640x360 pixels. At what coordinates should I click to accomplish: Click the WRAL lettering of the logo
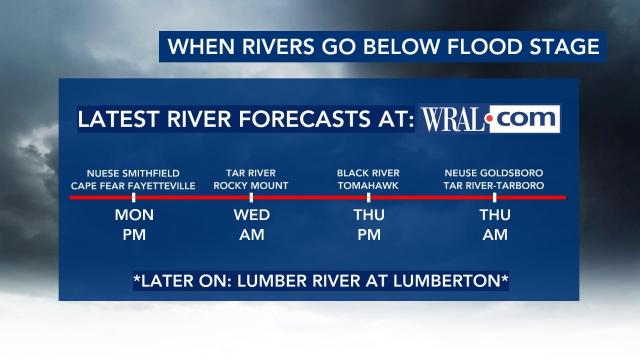pos(453,120)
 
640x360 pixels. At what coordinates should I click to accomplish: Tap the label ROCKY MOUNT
pos(251,186)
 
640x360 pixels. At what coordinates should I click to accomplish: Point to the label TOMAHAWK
pos(368,186)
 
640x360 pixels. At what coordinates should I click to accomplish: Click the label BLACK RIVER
pos(368,172)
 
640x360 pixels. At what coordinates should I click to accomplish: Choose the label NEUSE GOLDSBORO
pos(494,172)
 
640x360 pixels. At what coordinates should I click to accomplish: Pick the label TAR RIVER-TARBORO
pos(494,186)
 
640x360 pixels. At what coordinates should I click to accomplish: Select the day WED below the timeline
pos(251,216)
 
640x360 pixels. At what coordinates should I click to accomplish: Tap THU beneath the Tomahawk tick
pos(368,216)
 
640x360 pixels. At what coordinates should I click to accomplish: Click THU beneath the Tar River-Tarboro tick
pos(494,216)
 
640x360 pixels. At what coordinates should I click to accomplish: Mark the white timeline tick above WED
pos(251,198)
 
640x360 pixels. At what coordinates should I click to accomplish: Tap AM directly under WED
pos(251,237)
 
